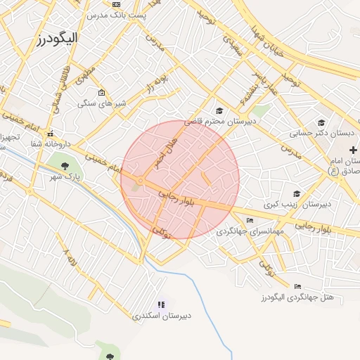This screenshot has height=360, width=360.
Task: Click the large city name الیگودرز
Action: pos(59,36)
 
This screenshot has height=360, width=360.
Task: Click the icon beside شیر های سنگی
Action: pos(102,93)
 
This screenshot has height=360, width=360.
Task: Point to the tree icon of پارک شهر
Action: pos(65,167)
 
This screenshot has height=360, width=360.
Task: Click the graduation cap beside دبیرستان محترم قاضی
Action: pos(219,110)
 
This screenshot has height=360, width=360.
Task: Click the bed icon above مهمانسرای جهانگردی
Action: pos(250,221)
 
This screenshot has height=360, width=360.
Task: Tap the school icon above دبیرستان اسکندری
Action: pos(162,304)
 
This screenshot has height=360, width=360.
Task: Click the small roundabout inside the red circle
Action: pos(140,181)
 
